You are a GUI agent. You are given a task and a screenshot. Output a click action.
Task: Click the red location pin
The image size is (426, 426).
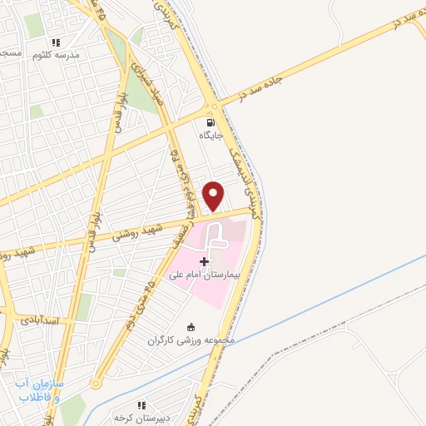tap(214, 195)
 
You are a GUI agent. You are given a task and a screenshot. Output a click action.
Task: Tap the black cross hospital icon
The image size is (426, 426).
tap(205, 261)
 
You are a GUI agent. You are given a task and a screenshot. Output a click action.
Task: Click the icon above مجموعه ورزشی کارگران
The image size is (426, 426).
tap(192, 326)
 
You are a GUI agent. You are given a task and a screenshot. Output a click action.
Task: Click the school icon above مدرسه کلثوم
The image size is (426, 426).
tap(56, 42)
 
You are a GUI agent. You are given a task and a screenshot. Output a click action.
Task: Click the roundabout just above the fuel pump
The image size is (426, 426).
tap(215, 106)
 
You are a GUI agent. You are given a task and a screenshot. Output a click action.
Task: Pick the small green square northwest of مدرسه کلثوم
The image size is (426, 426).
tap(33, 25)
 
